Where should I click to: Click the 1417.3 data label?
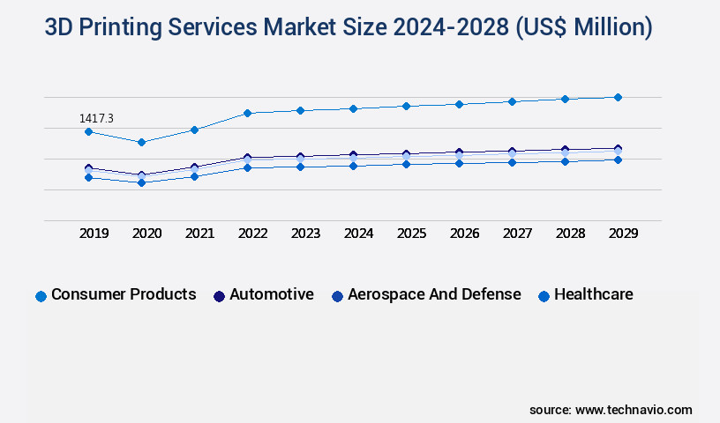point(96,118)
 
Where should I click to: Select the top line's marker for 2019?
point(88,132)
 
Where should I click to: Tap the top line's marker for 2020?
point(141,142)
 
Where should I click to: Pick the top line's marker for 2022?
point(247,113)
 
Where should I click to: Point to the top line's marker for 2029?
point(618,97)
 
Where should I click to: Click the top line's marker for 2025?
point(406,106)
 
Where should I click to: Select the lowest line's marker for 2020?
point(141,182)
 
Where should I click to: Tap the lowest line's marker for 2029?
point(618,160)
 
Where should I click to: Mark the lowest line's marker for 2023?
point(300,167)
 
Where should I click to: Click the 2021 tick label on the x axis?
point(199,234)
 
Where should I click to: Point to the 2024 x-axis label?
point(358,234)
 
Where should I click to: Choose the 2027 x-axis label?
point(517,234)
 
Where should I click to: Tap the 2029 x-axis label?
point(623,234)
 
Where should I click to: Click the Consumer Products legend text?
point(124,294)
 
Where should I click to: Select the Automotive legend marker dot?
point(219,296)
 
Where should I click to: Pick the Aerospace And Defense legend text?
point(434,294)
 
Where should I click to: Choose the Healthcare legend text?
point(593,294)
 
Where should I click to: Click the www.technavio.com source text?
point(634,410)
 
